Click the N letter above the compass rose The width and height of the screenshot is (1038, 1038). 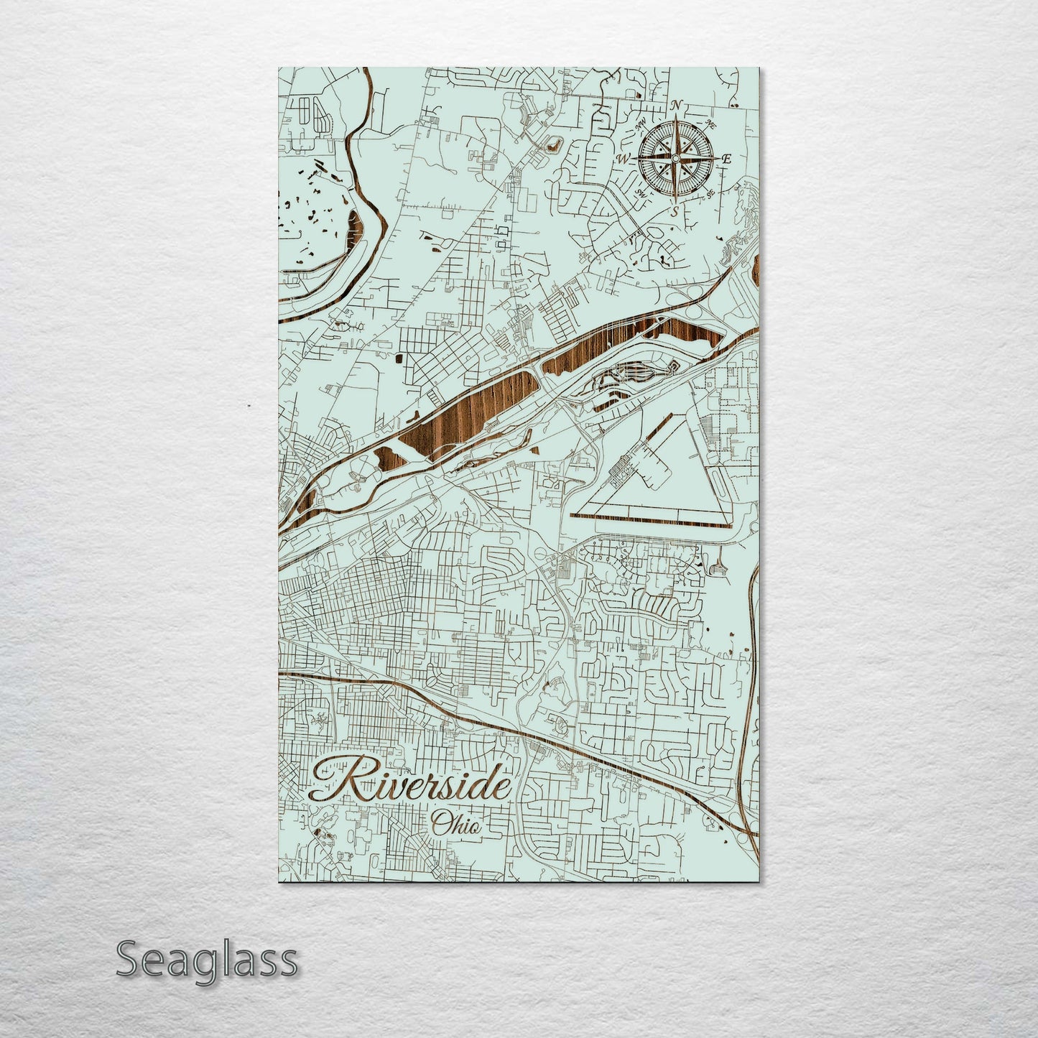pyautogui.click(x=676, y=107)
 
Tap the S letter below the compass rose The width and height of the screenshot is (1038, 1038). pyautogui.click(x=674, y=210)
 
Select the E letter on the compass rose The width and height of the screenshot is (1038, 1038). pyautogui.click(x=726, y=159)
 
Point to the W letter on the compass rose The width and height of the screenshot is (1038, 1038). pyautogui.click(x=624, y=158)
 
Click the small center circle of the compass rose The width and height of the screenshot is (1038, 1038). pyautogui.click(x=675, y=159)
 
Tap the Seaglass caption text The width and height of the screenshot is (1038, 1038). pyautogui.click(x=206, y=960)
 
